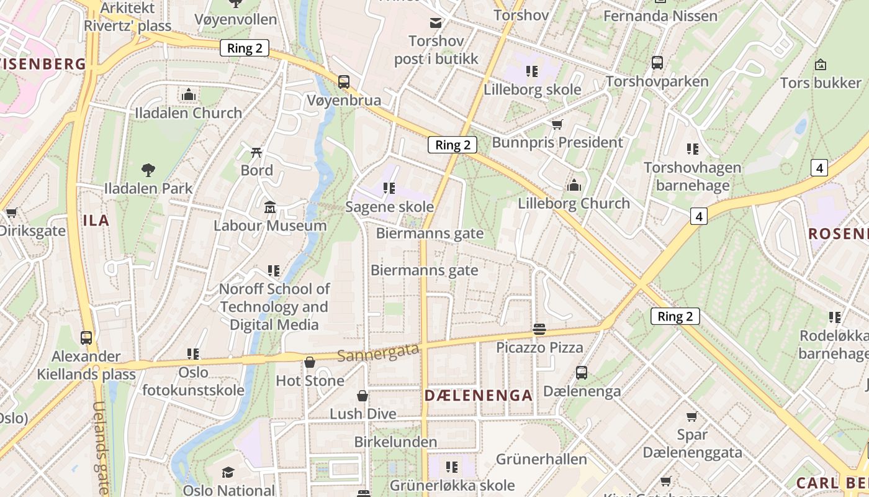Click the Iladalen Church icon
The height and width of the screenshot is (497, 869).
coord(189,95)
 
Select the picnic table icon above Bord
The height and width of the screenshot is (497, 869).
coord(256,152)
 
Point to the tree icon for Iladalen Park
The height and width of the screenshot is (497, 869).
coord(148,170)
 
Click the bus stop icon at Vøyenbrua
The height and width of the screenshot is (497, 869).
coord(343,81)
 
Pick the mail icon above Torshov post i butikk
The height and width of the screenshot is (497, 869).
coord(436,23)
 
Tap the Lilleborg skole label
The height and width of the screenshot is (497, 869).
coord(532,89)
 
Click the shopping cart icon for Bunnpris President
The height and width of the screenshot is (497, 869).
coord(557,124)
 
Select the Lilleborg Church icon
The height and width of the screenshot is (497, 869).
coord(574,185)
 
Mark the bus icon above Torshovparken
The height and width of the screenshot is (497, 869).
coord(657,63)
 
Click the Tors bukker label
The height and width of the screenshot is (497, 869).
coord(821,83)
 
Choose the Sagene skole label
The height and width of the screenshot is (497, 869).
coord(389,206)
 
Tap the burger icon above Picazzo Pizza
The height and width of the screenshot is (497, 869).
coord(539,329)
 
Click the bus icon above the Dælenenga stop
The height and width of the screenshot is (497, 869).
coord(582,373)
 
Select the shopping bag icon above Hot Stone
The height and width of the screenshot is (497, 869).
coord(309,362)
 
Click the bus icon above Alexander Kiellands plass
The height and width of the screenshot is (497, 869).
coord(86,338)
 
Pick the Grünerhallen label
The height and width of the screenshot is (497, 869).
coord(541,459)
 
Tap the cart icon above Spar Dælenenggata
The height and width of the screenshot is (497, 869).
coord(691,416)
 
